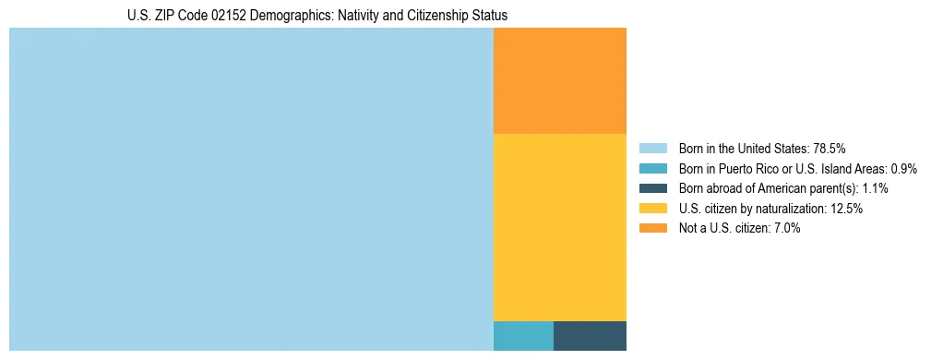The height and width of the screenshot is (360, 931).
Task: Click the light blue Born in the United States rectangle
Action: click(251, 189)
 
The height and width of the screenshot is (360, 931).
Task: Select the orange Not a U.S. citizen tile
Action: click(560, 81)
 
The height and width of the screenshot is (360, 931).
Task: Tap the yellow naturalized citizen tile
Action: click(560, 227)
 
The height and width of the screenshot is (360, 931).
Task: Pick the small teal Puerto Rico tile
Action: click(523, 336)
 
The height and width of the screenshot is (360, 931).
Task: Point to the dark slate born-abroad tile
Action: click(590, 336)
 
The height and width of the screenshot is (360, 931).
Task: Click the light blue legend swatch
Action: click(652, 149)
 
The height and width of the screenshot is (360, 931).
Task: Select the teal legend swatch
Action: click(652, 169)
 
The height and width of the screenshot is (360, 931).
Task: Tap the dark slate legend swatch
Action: click(652, 188)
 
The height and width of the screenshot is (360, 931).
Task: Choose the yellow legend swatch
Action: click(652, 209)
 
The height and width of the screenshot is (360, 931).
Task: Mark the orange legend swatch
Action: click(652, 228)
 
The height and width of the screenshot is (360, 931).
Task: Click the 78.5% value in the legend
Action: click(830, 149)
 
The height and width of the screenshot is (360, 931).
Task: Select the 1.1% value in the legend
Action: click(874, 188)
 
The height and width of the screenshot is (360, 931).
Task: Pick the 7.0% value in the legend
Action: click(785, 228)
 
